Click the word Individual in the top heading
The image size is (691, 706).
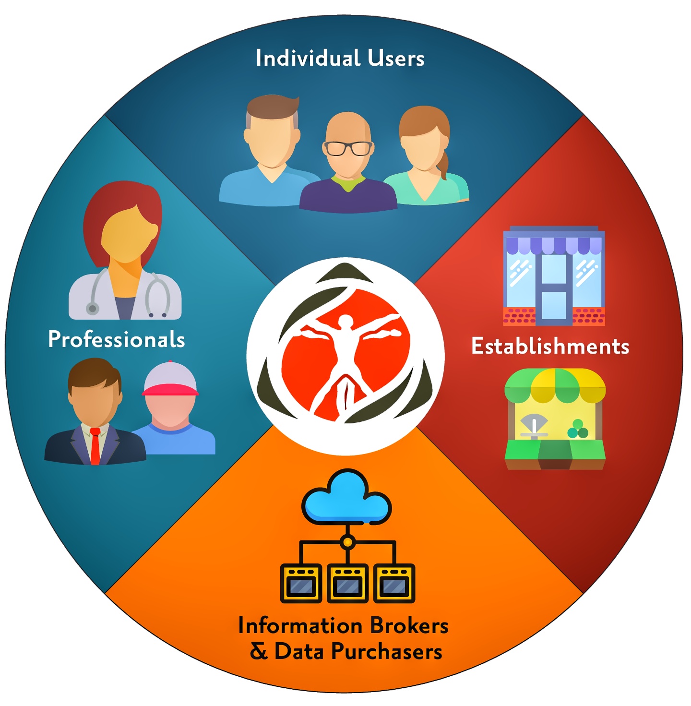tap(308, 58)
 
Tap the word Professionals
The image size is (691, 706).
tap(117, 339)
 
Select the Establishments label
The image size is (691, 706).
tap(550, 346)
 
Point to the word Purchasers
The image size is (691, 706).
tap(387, 652)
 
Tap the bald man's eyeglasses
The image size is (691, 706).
tap(348, 148)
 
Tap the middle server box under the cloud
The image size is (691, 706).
tap(347, 584)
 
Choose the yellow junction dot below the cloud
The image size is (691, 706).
tap(347, 541)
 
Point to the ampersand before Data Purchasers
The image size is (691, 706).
tap(259, 652)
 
